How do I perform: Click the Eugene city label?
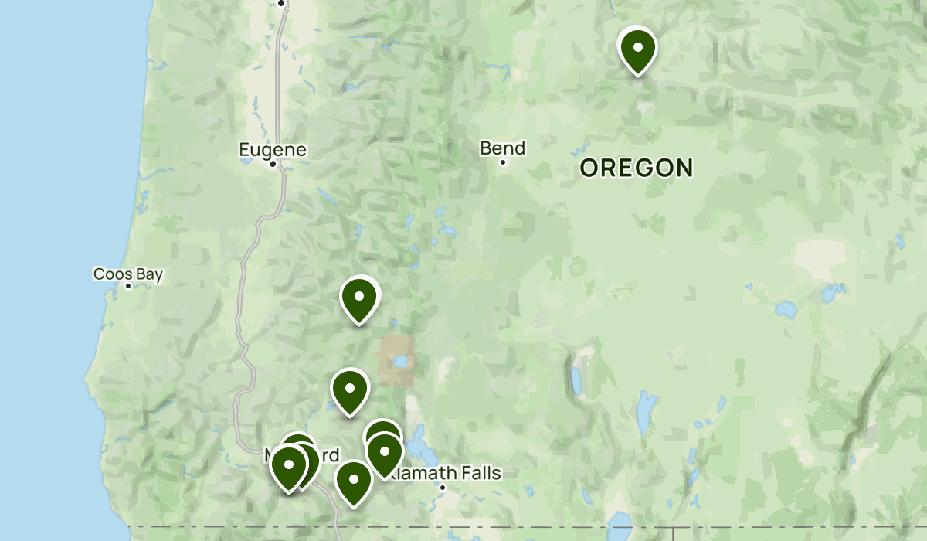coord(273,149)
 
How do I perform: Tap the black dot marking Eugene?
coord(273,164)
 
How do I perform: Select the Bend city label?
coord(502,148)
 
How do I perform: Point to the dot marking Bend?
coord(502,162)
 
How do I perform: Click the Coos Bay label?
coord(128,274)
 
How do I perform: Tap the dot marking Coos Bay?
coord(128,286)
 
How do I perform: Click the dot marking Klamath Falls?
coord(443,488)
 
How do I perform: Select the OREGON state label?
coord(637,168)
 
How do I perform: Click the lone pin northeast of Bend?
coord(638,48)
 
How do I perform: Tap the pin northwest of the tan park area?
coord(359,298)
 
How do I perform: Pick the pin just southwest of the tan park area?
coord(350,390)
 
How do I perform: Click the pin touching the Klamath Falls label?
coord(384,453)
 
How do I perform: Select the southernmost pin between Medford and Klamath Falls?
coord(354,481)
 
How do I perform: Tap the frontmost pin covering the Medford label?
coord(289,467)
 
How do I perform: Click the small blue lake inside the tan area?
coord(399,361)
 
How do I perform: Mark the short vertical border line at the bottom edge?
coord(673,534)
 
